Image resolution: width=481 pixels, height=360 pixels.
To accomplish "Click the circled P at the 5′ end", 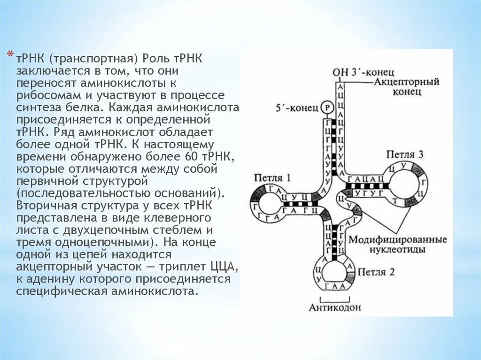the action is tap(328, 107).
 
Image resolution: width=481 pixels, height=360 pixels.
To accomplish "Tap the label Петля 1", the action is tap(272, 178).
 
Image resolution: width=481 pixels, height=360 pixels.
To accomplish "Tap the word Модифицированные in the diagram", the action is tap(397, 239).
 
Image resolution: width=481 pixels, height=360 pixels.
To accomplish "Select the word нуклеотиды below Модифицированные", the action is tap(397, 250).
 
